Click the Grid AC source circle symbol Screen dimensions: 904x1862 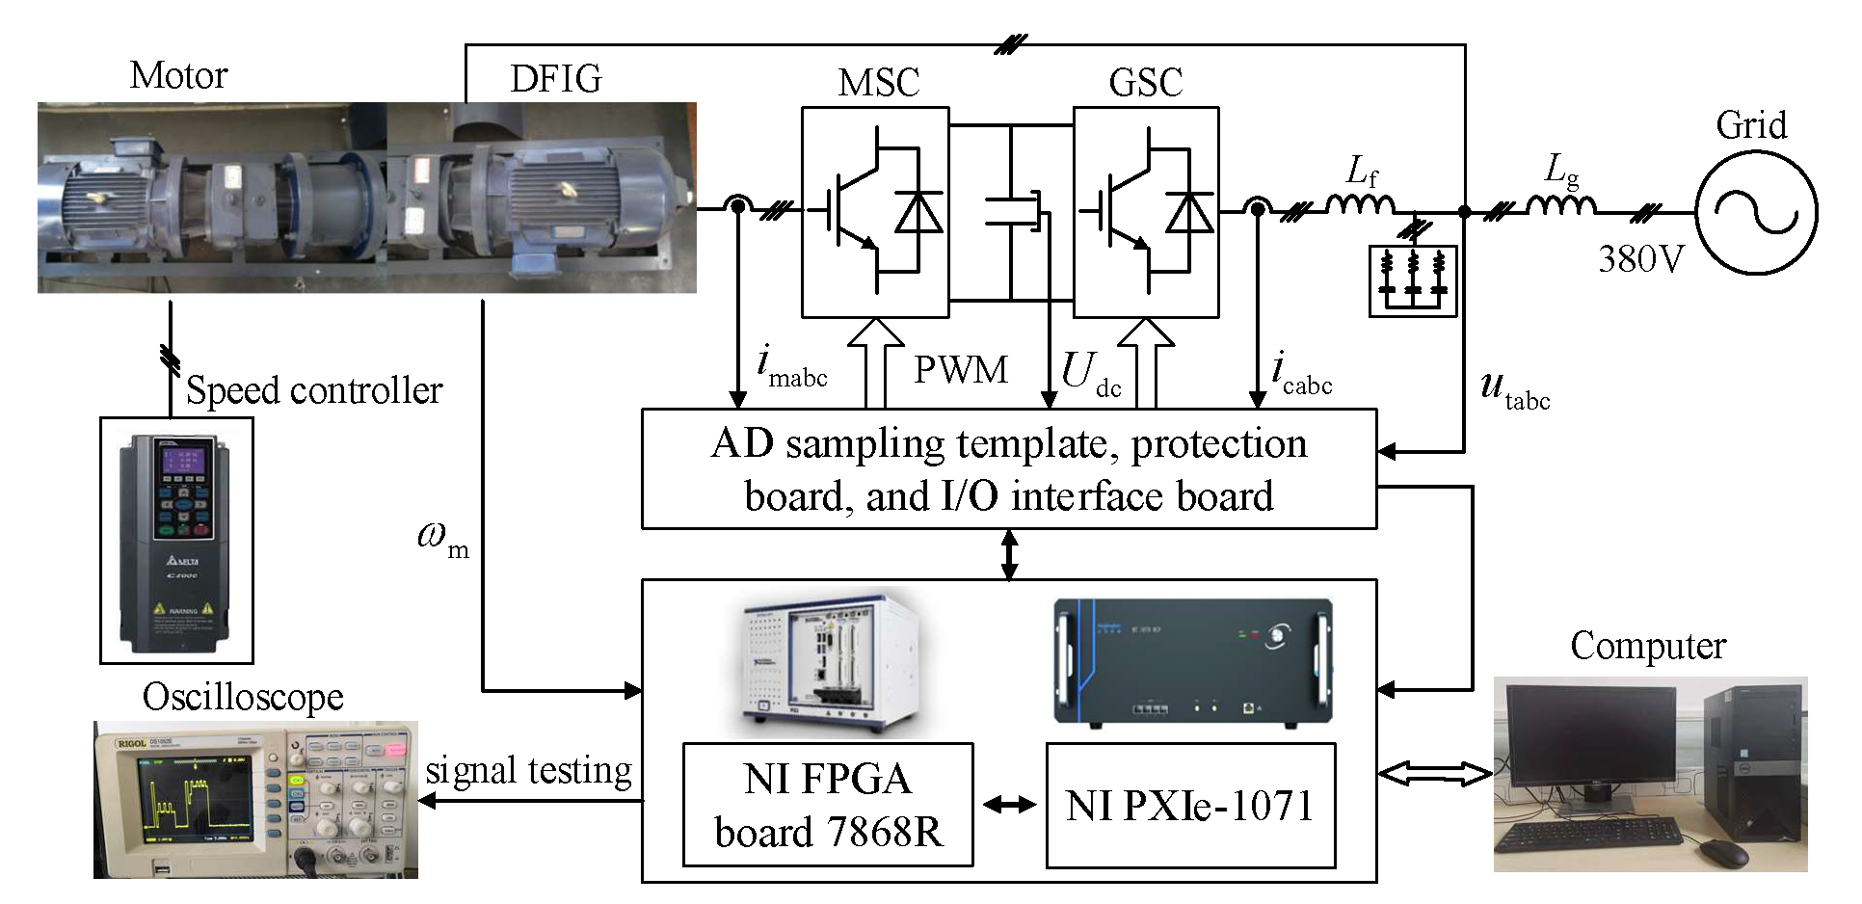click(x=1756, y=213)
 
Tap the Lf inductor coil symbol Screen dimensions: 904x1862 click(x=1360, y=204)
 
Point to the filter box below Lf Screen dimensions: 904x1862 click(x=1413, y=280)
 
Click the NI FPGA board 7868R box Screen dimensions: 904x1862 click(x=827, y=805)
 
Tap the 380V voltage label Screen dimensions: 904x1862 click(x=1640, y=259)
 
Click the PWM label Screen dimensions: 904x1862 click(x=960, y=370)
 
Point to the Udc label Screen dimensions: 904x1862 click(x=1090, y=372)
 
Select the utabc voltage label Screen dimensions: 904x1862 click(x=1514, y=389)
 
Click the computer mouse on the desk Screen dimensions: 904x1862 click(x=1722, y=852)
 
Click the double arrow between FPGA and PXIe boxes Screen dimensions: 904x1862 click(x=1009, y=805)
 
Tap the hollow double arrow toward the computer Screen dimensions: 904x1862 click(x=1435, y=773)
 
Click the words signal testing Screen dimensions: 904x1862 click(x=528, y=771)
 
